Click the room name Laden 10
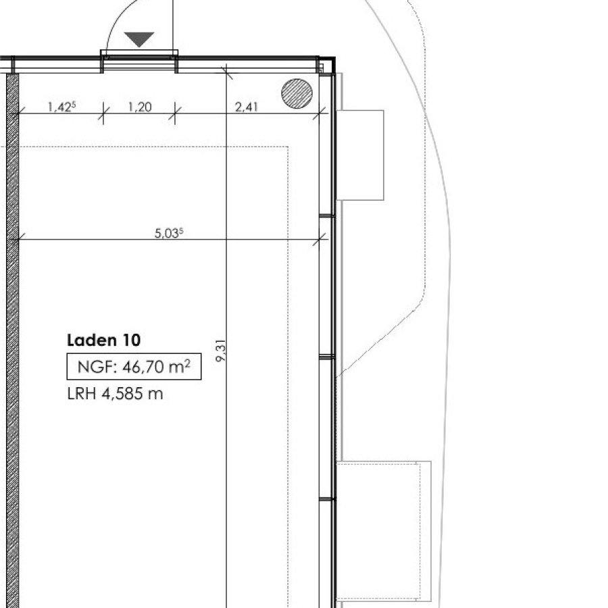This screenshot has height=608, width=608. (x=103, y=340)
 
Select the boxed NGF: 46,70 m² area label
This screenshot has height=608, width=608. (x=134, y=366)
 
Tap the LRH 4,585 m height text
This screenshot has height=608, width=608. (x=115, y=394)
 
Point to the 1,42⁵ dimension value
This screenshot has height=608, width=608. (x=61, y=107)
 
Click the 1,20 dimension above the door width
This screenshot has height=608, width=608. (x=140, y=107)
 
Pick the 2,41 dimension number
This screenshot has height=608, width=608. (x=246, y=107)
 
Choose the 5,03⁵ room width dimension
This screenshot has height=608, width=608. (x=169, y=233)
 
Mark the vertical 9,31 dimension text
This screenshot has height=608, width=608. (x=221, y=351)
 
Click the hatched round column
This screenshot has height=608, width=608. (x=297, y=93)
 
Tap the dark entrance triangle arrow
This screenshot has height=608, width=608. (x=139, y=39)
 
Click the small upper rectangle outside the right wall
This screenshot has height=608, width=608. (x=360, y=155)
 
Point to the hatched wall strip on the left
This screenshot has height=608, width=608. (x=12, y=340)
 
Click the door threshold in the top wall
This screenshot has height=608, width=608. (x=139, y=53)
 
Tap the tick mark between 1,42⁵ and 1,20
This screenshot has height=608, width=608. (x=103, y=113)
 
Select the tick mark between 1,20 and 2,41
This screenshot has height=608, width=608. (x=175, y=113)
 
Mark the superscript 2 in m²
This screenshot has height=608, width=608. (x=187, y=363)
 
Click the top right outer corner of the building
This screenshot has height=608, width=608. (x=335, y=57)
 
